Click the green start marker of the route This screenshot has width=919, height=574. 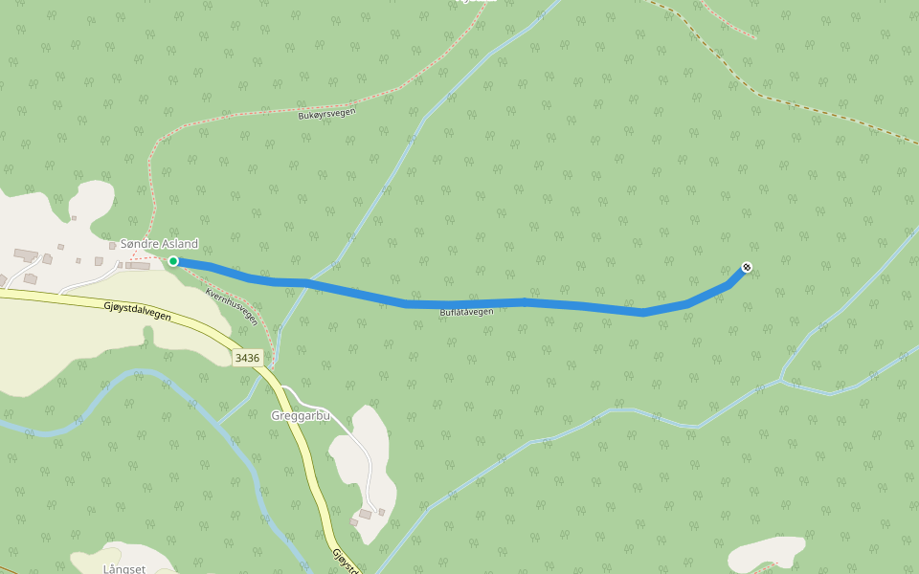173,261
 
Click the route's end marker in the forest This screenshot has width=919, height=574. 747,267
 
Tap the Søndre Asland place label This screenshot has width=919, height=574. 159,244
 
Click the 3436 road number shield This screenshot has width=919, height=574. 247,358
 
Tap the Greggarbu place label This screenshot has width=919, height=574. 301,416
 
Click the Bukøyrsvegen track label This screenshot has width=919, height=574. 326,114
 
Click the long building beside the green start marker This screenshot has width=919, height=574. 138,266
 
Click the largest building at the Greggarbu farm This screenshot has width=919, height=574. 365,515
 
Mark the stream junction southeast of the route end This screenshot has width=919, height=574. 783,380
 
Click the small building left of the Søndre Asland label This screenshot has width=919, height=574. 112,246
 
